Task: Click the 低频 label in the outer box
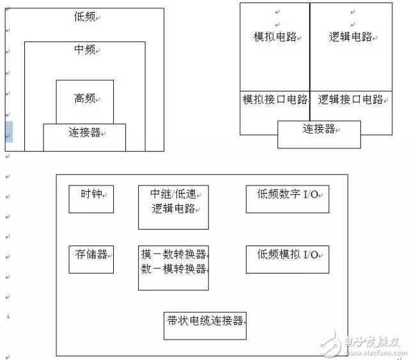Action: tap(84, 17)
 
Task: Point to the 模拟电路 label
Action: tap(275, 37)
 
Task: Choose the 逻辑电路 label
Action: tap(350, 37)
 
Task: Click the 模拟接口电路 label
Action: tap(275, 100)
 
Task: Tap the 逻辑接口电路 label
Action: tap(350, 100)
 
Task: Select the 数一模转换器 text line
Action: tap(174, 269)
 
